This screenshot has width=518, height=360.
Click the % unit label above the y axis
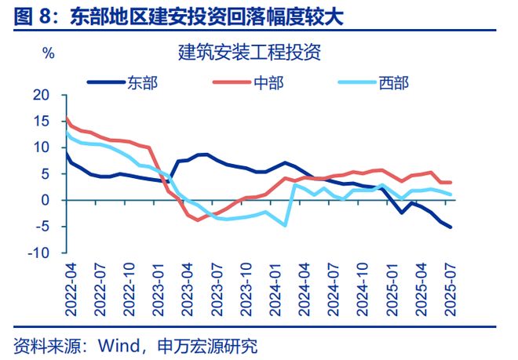tap(48, 53)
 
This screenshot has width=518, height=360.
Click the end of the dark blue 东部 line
tap(451, 227)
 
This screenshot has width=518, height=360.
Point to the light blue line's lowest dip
tap(284, 225)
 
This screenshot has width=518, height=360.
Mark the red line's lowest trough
tap(199, 220)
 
